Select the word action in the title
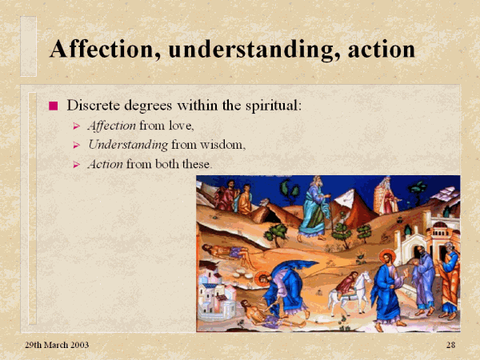pyautogui.click(x=381, y=50)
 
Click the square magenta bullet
pyautogui.click(x=54, y=106)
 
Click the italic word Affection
pyautogui.click(x=112, y=126)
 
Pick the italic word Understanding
pyautogui.click(x=128, y=145)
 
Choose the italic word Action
pyautogui.click(x=106, y=164)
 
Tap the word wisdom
pyautogui.click(x=223, y=145)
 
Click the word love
pyautogui.click(x=182, y=126)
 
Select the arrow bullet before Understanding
pyautogui.click(x=77, y=145)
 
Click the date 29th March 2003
pyautogui.click(x=57, y=345)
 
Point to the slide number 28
pyautogui.click(x=450, y=345)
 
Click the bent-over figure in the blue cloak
pyautogui.click(x=286, y=288)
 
